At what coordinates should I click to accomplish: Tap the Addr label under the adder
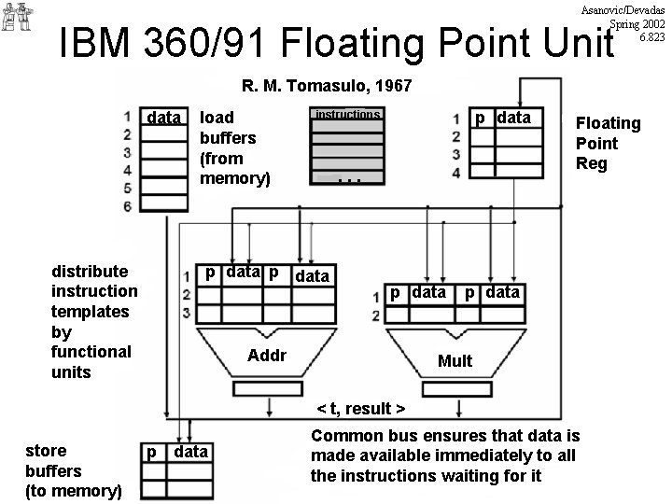click(267, 357)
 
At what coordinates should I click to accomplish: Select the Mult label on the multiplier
click(455, 360)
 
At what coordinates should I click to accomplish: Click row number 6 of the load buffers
click(127, 205)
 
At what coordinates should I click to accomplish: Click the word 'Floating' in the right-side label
click(608, 122)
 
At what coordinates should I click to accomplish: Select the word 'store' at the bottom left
click(46, 451)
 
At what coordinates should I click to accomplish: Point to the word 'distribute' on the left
click(90, 271)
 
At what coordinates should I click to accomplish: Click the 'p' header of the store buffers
click(150, 452)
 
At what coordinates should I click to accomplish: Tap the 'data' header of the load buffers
click(164, 118)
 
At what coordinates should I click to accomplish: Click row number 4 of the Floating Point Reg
click(455, 173)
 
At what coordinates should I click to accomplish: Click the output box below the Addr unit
click(268, 387)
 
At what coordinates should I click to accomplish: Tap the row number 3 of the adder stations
click(188, 312)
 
